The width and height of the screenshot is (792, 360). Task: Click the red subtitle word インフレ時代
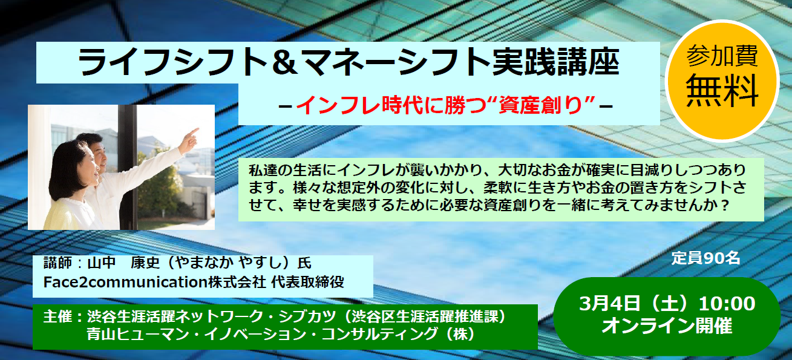[360, 105]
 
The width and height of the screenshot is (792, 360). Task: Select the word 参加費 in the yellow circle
[722, 56]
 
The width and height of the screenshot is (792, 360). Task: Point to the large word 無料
[722, 91]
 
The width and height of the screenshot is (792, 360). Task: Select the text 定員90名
[705, 258]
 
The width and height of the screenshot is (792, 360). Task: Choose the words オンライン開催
[667, 326]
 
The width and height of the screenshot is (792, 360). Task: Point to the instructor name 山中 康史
[123, 263]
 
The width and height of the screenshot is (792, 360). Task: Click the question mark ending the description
[725, 206]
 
